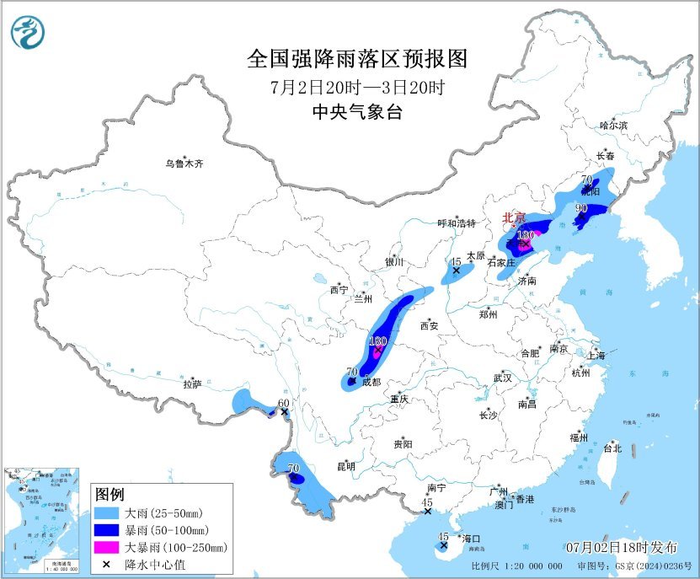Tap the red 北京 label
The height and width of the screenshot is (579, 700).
[x=514, y=217]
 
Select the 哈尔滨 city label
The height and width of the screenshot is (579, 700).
[x=613, y=125]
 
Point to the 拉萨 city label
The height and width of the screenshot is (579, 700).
[x=192, y=383]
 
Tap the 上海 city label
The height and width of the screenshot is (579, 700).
[x=596, y=356]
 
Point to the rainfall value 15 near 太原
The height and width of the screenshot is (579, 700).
[x=456, y=262]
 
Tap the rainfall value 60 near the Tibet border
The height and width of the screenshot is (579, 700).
[x=284, y=403]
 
